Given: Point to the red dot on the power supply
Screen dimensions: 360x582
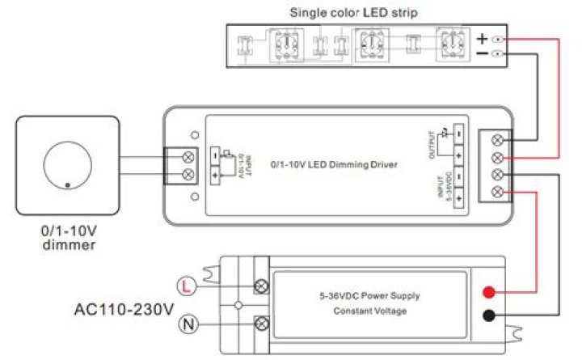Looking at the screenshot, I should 488,292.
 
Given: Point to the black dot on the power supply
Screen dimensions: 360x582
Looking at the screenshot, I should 488,316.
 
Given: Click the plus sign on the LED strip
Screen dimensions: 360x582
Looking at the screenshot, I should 482,38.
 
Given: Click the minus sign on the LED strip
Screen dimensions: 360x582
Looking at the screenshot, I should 482,54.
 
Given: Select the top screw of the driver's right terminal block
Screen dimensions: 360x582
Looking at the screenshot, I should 498,139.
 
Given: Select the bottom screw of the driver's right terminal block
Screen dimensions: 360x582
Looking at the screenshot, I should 498,192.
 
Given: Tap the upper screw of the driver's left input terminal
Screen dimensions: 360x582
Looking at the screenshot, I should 189,155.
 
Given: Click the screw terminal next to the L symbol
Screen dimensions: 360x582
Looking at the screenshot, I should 262,286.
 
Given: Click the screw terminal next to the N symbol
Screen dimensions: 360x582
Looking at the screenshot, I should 262,324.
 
